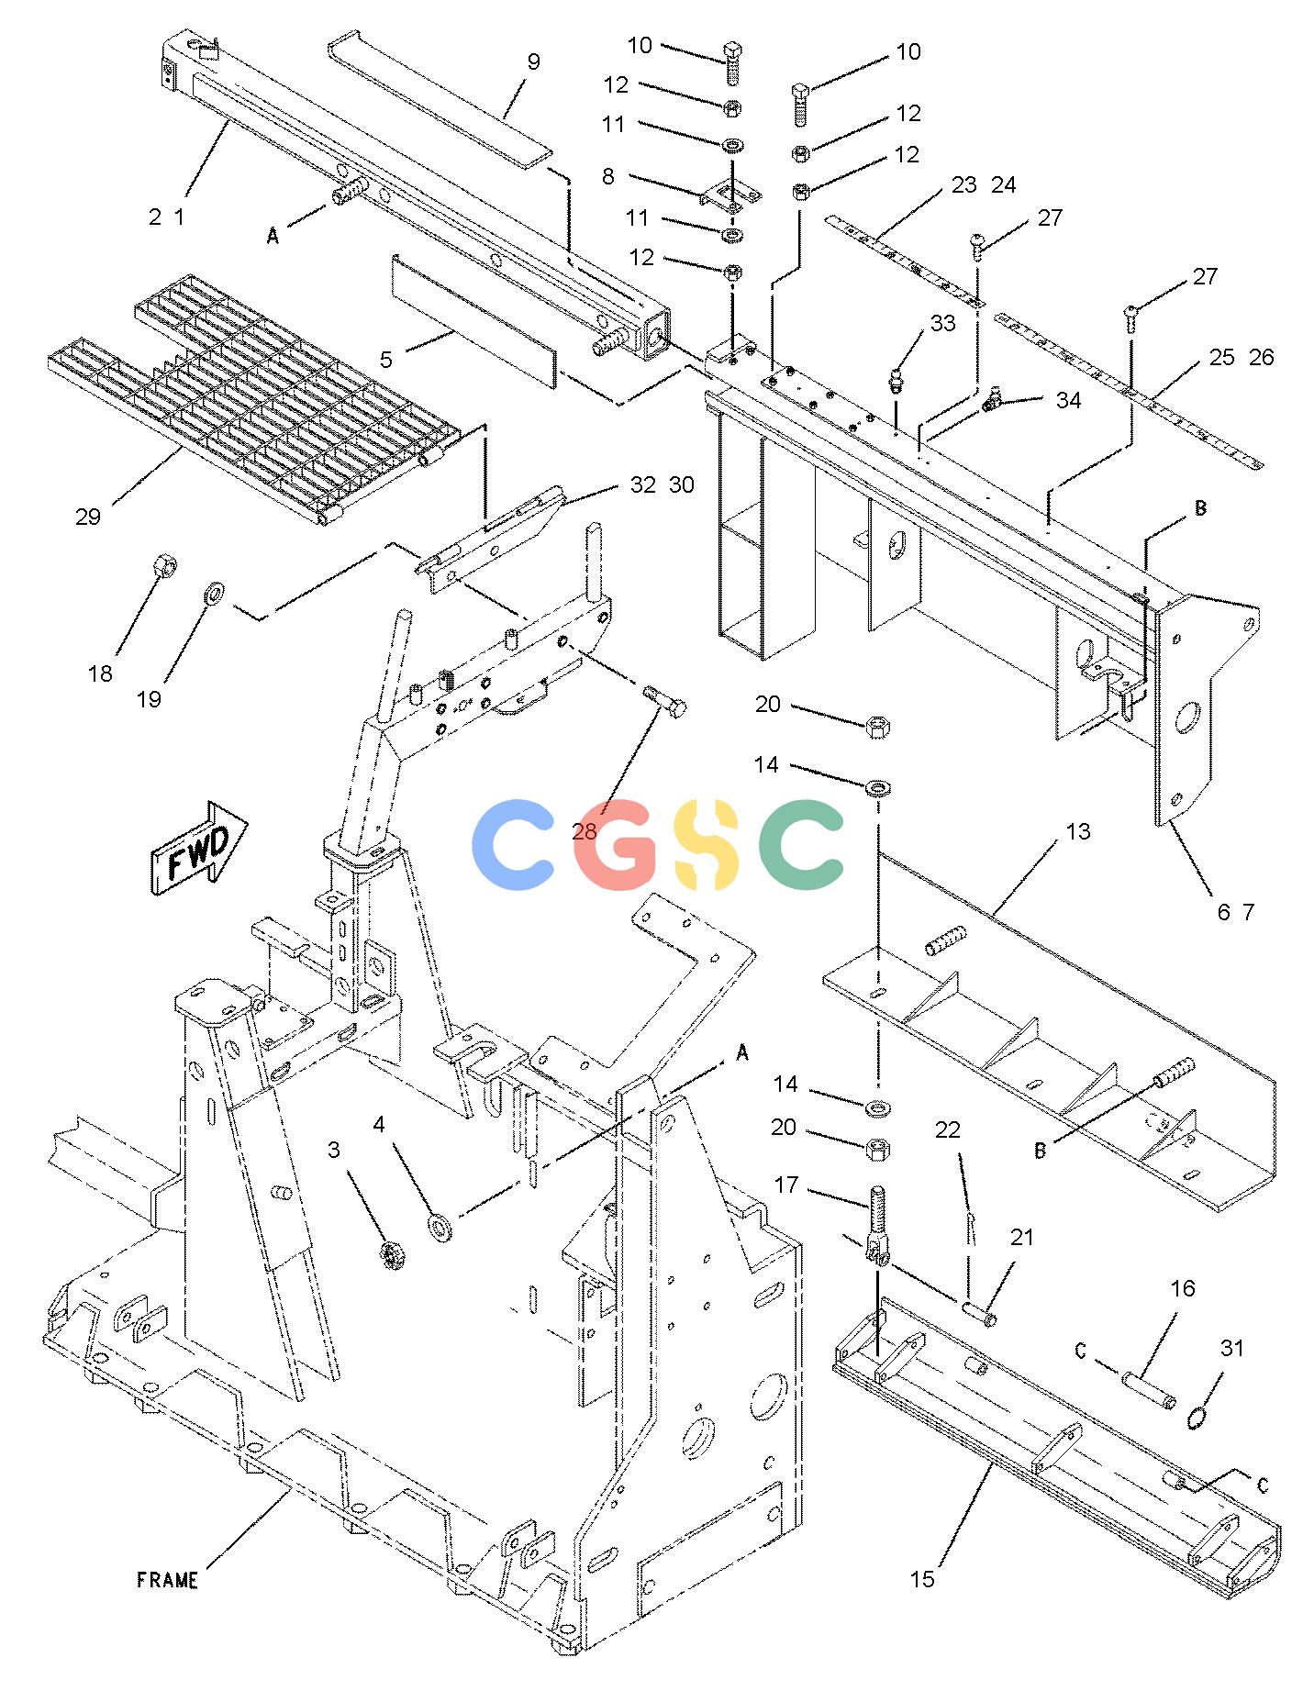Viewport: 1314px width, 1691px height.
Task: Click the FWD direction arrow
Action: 198,847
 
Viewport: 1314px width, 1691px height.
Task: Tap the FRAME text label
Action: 167,1580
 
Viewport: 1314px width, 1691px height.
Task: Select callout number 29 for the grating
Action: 87,517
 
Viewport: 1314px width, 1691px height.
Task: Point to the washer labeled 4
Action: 440,1226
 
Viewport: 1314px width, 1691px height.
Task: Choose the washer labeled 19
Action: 214,593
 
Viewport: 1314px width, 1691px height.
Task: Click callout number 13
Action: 1078,831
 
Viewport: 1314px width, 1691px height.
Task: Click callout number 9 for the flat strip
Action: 533,61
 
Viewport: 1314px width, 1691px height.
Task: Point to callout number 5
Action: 386,359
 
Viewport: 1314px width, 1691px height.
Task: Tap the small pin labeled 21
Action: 978,1311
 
